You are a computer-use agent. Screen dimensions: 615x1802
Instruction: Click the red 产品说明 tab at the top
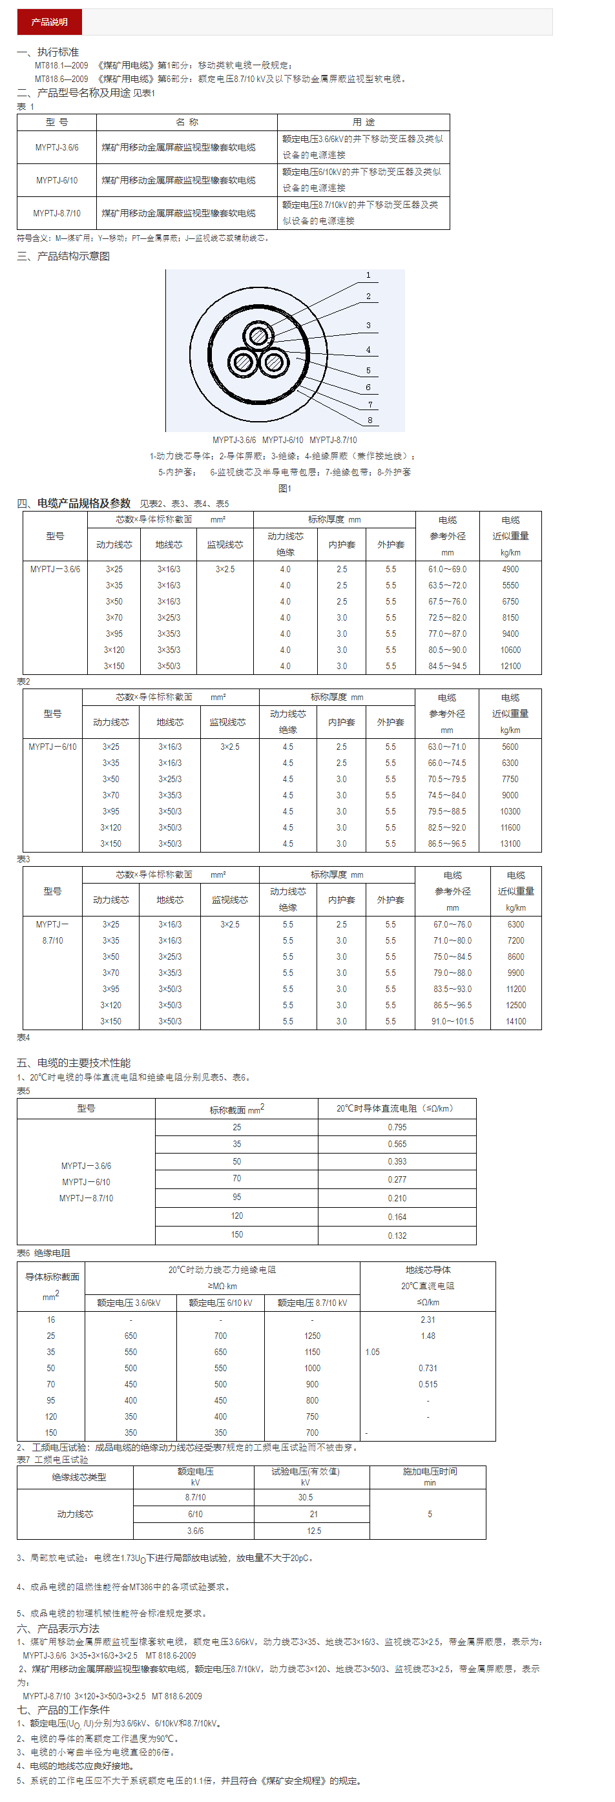pos(49,22)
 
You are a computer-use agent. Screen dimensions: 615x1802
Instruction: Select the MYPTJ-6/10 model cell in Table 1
pos(57,180)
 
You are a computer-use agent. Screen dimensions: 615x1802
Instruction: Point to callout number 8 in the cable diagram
pos(370,420)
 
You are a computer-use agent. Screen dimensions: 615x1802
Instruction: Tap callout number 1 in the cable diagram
pos(369,275)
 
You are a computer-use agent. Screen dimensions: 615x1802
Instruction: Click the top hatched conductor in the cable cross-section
pos(258,336)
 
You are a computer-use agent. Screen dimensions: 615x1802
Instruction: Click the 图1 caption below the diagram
pos(285,488)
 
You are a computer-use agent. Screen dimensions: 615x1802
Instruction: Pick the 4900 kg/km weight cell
pos(510,570)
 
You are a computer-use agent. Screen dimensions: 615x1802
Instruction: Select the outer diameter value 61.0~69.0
pos(447,570)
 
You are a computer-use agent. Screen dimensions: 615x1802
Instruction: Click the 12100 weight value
pos(510,666)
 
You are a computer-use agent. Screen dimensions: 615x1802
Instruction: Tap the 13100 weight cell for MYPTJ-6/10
pos(510,844)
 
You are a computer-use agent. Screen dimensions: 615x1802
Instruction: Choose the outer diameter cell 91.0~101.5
pos(452,1021)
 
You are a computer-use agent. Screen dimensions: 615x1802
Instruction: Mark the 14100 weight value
pos(516,1021)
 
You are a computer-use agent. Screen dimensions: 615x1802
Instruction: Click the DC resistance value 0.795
pos(397,1127)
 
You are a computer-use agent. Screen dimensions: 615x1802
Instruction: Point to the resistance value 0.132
pos(397,1236)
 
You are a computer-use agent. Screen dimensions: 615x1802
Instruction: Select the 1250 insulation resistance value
pos(312,1336)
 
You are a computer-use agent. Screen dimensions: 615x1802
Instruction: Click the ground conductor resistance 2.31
pos(428,1320)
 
